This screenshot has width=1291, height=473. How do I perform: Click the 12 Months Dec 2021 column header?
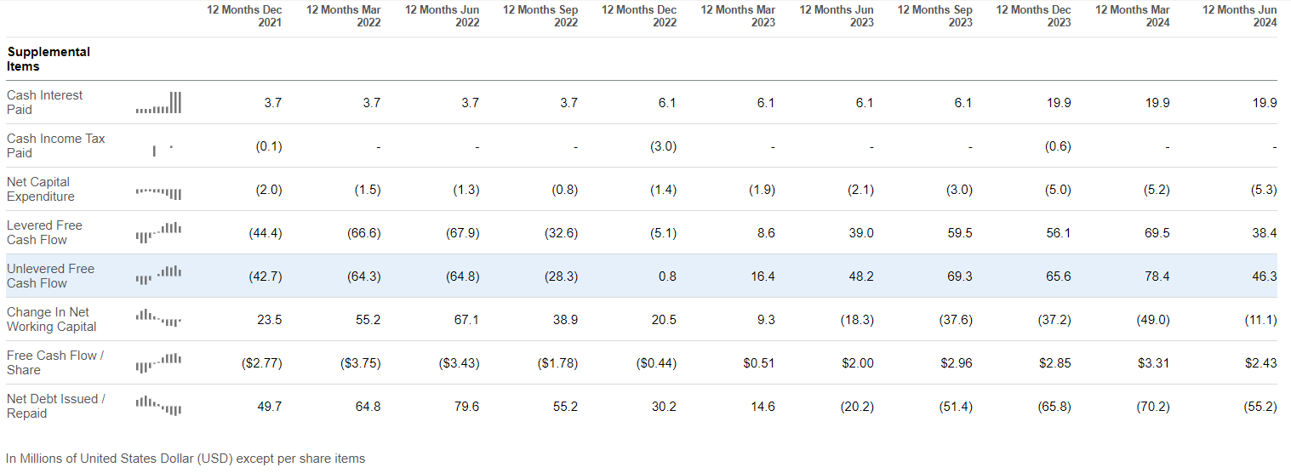(x=245, y=16)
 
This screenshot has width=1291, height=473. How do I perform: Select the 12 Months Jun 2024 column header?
(x=1240, y=16)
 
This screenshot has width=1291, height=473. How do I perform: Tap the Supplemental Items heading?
(x=49, y=59)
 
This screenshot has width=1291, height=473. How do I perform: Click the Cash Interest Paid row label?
(x=45, y=102)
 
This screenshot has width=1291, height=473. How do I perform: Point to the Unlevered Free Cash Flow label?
(x=51, y=276)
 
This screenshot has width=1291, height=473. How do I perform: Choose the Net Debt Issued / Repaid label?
(x=56, y=406)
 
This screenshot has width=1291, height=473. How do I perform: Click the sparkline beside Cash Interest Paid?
(x=158, y=103)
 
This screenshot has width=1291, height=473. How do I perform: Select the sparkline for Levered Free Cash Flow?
(x=158, y=232)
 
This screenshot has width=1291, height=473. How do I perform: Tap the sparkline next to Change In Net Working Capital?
(x=158, y=318)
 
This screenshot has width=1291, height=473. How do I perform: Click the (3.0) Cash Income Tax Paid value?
(x=664, y=146)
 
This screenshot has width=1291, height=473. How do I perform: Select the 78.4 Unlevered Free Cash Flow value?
(x=1157, y=276)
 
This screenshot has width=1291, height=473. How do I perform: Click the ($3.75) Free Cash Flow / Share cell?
(x=360, y=363)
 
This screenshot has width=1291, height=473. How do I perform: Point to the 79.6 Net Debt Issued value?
(x=466, y=407)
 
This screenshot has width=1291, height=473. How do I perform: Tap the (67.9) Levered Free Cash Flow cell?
(x=466, y=233)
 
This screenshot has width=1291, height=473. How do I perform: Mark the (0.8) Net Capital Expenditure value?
(x=565, y=190)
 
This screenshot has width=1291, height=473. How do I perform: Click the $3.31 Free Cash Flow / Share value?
(x=1153, y=363)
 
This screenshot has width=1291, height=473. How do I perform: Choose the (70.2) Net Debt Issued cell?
(x=1153, y=407)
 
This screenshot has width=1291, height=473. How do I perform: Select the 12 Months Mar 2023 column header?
(x=739, y=16)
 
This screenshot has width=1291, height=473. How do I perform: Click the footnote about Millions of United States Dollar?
(x=186, y=459)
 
